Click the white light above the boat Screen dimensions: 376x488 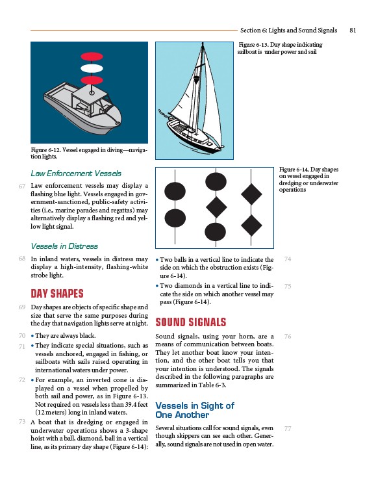[x=92, y=68]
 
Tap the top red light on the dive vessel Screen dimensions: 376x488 [x=92, y=57]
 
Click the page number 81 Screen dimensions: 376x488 [x=353, y=30]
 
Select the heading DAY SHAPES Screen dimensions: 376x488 [x=57, y=294]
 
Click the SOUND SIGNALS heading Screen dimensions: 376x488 [x=191, y=322]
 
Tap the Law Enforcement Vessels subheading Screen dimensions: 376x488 [x=76, y=173]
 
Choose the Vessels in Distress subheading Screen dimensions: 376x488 [x=64, y=246]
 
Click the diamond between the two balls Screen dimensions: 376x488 [x=216, y=207]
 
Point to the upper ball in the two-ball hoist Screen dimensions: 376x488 [x=175, y=192]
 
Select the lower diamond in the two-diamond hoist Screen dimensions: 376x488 [x=251, y=225]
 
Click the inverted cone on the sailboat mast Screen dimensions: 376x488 [x=196, y=79]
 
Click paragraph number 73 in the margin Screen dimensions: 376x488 [x=22, y=422]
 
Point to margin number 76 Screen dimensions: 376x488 [x=288, y=337]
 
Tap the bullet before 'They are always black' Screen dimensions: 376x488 [x=32, y=336]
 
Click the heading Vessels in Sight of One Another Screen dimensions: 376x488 [x=195, y=410]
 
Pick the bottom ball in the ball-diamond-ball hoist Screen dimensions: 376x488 [x=215, y=232]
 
